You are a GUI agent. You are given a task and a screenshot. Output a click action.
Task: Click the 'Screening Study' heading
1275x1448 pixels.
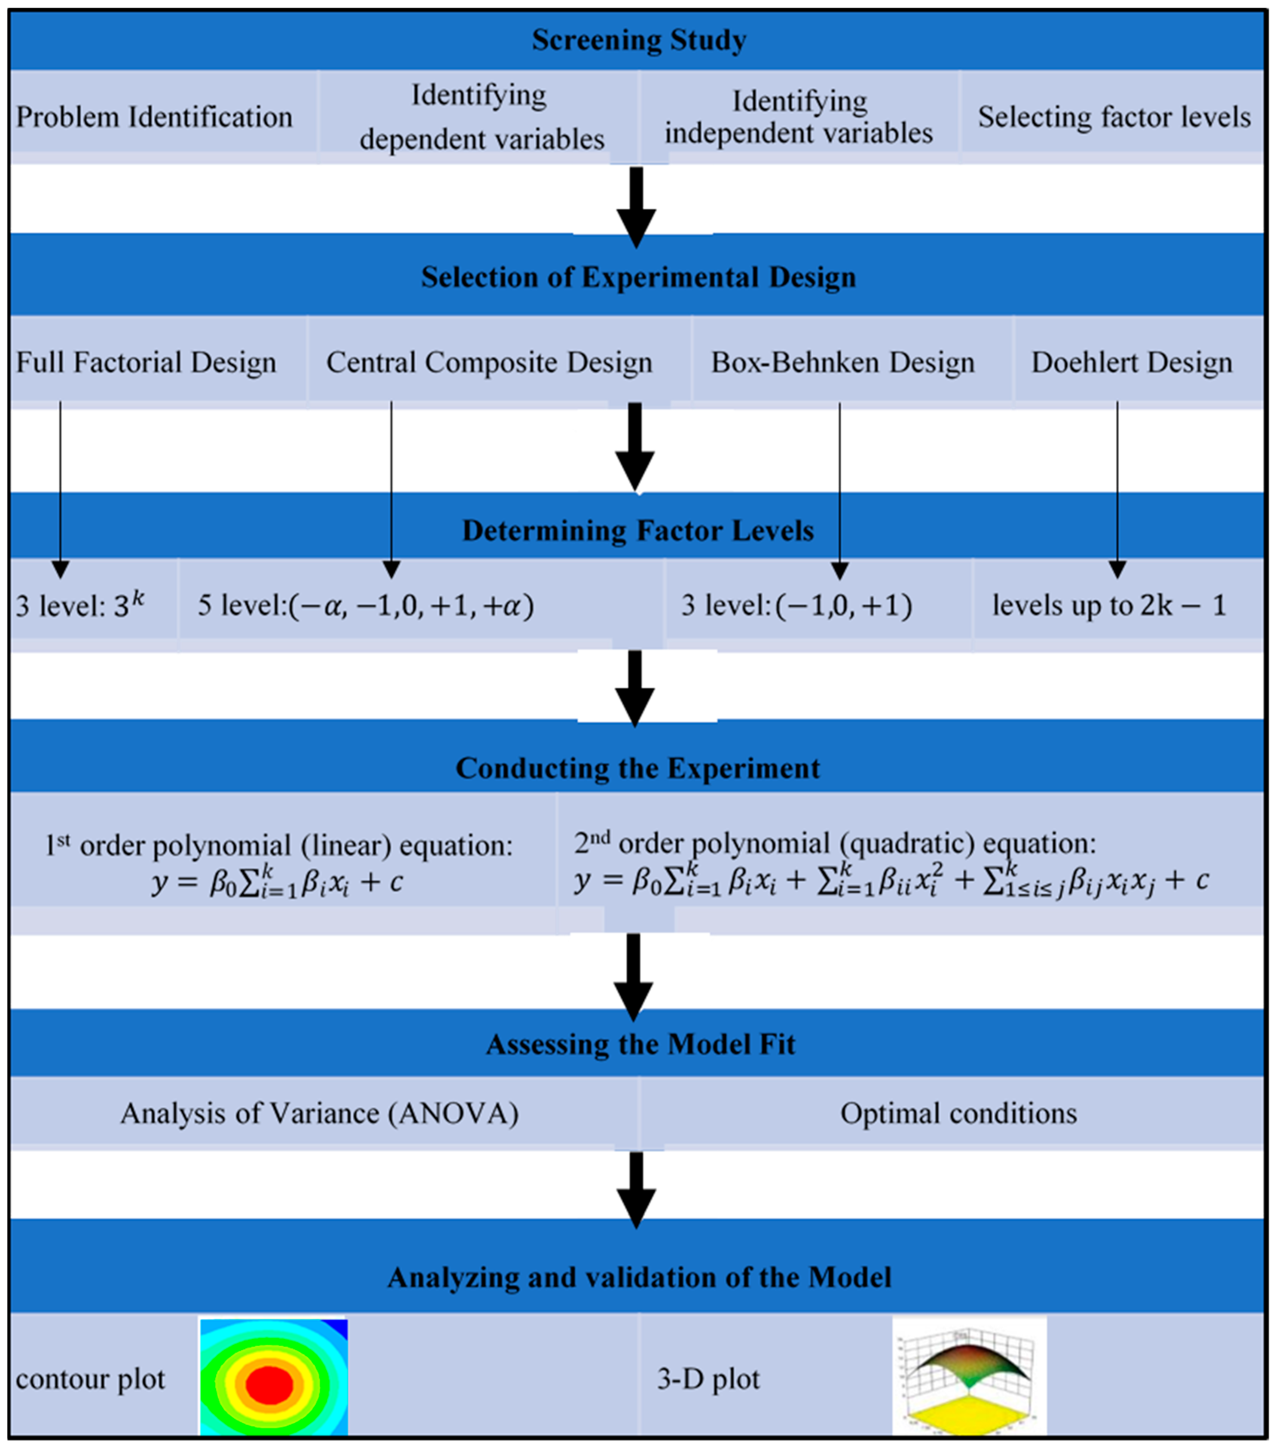click(638, 40)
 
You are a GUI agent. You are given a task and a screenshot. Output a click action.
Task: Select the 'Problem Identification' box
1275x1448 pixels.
click(154, 117)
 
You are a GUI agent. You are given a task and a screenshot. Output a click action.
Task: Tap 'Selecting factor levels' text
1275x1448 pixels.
click(1113, 117)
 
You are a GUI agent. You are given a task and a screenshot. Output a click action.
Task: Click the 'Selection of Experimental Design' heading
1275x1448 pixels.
click(638, 277)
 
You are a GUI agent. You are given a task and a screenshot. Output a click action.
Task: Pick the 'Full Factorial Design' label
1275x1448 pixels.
click(146, 363)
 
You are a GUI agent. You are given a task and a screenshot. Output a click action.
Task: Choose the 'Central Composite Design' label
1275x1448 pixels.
click(489, 363)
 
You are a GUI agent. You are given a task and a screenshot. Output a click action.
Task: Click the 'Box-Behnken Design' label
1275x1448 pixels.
click(842, 363)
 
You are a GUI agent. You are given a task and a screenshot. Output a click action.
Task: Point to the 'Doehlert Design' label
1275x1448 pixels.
click(1131, 363)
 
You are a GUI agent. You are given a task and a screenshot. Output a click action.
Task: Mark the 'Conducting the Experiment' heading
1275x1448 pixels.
click(637, 768)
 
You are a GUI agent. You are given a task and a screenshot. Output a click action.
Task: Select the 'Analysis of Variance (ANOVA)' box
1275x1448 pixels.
click(319, 1113)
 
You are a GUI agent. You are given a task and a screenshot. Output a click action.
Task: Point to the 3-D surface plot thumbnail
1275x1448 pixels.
click(968, 1376)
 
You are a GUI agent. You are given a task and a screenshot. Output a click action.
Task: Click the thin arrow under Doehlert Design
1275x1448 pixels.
click(1117, 489)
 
